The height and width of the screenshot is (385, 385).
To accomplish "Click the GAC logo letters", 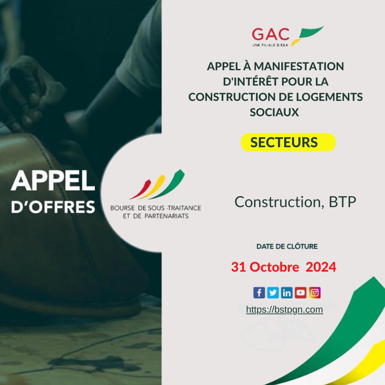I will click(271, 34).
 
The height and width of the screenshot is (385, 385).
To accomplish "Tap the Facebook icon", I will click(259, 293).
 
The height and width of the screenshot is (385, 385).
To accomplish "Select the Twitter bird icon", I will click(273, 293).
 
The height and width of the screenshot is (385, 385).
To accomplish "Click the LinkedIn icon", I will click(287, 293).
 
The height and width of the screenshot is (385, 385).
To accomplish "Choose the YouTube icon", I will click(301, 293).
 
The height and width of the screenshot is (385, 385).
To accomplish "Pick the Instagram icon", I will click(315, 293).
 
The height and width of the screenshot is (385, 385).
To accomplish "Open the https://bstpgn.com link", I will click(284, 310).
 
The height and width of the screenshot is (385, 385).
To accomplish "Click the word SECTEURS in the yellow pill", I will click(284, 142).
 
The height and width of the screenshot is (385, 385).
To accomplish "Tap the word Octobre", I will click(274, 267).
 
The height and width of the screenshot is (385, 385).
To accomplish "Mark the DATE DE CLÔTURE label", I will click(287, 246).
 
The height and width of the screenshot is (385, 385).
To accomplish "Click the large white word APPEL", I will click(53, 181).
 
